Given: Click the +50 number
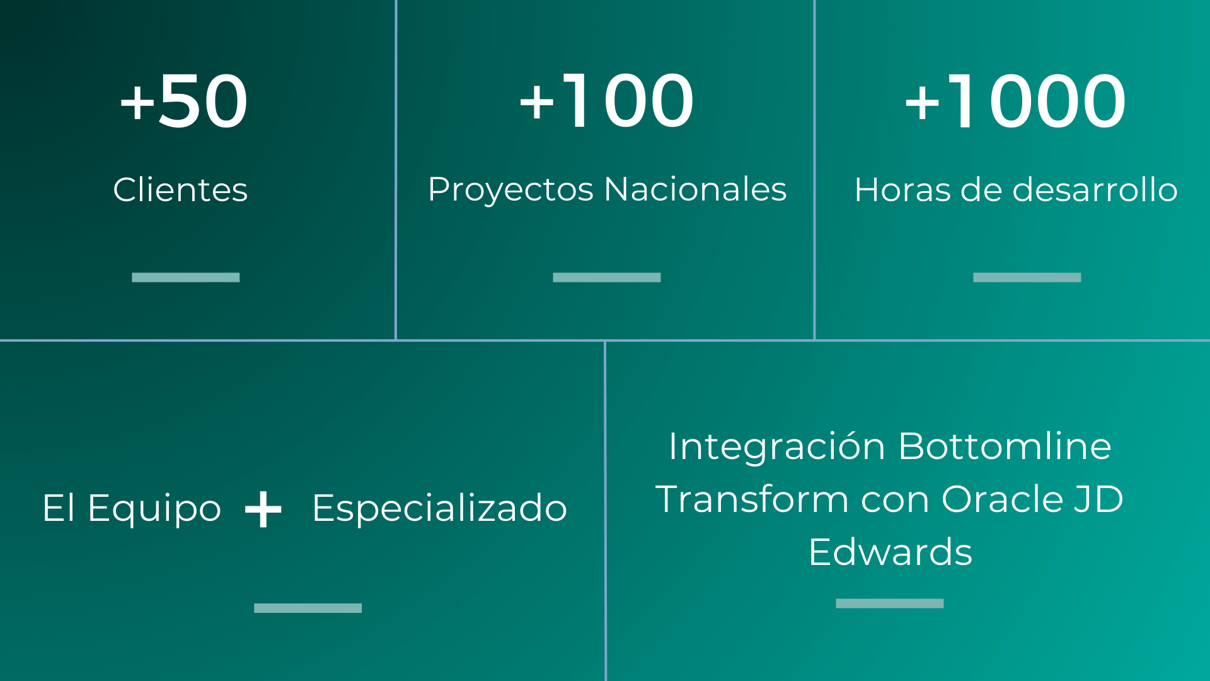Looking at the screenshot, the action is tap(183, 101).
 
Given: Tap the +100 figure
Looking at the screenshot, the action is tap(606, 101).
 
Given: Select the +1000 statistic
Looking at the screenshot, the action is tap(1015, 101).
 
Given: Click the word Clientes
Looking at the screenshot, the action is tap(180, 189).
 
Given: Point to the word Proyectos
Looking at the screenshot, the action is tap(510, 190).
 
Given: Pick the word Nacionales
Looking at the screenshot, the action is tap(696, 189).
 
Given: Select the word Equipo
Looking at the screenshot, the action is tap(154, 508).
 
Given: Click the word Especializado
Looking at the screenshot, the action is tap(440, 508).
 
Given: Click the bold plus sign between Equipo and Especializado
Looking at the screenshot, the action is tap(263, 509).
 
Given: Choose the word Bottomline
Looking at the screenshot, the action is tap(1005, 446).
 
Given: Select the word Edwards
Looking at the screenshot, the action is tap(890, 552).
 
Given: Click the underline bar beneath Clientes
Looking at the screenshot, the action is tap(186, 277).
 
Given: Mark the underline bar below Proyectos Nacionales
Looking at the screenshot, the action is tap(607, 277).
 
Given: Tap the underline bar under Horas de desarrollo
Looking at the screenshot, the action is tap(1027, 277).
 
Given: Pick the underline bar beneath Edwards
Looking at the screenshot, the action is tap(890, 603).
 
